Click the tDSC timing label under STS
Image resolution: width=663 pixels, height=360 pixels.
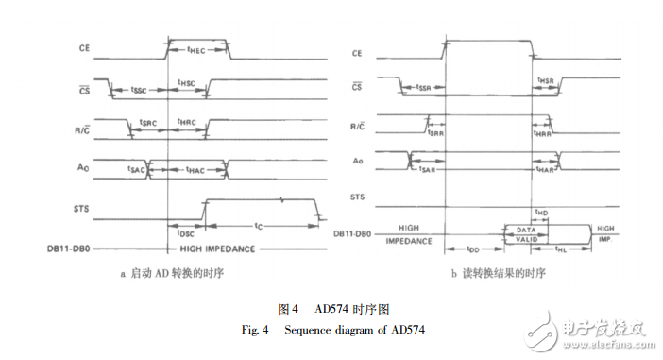[185, 231]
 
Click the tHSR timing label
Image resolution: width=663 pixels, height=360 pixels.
[546, 81]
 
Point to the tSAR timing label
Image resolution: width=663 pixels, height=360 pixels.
[427, 170]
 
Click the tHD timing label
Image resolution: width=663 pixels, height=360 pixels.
[542, 214]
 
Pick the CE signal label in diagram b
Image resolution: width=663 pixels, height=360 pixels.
[357, 53]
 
